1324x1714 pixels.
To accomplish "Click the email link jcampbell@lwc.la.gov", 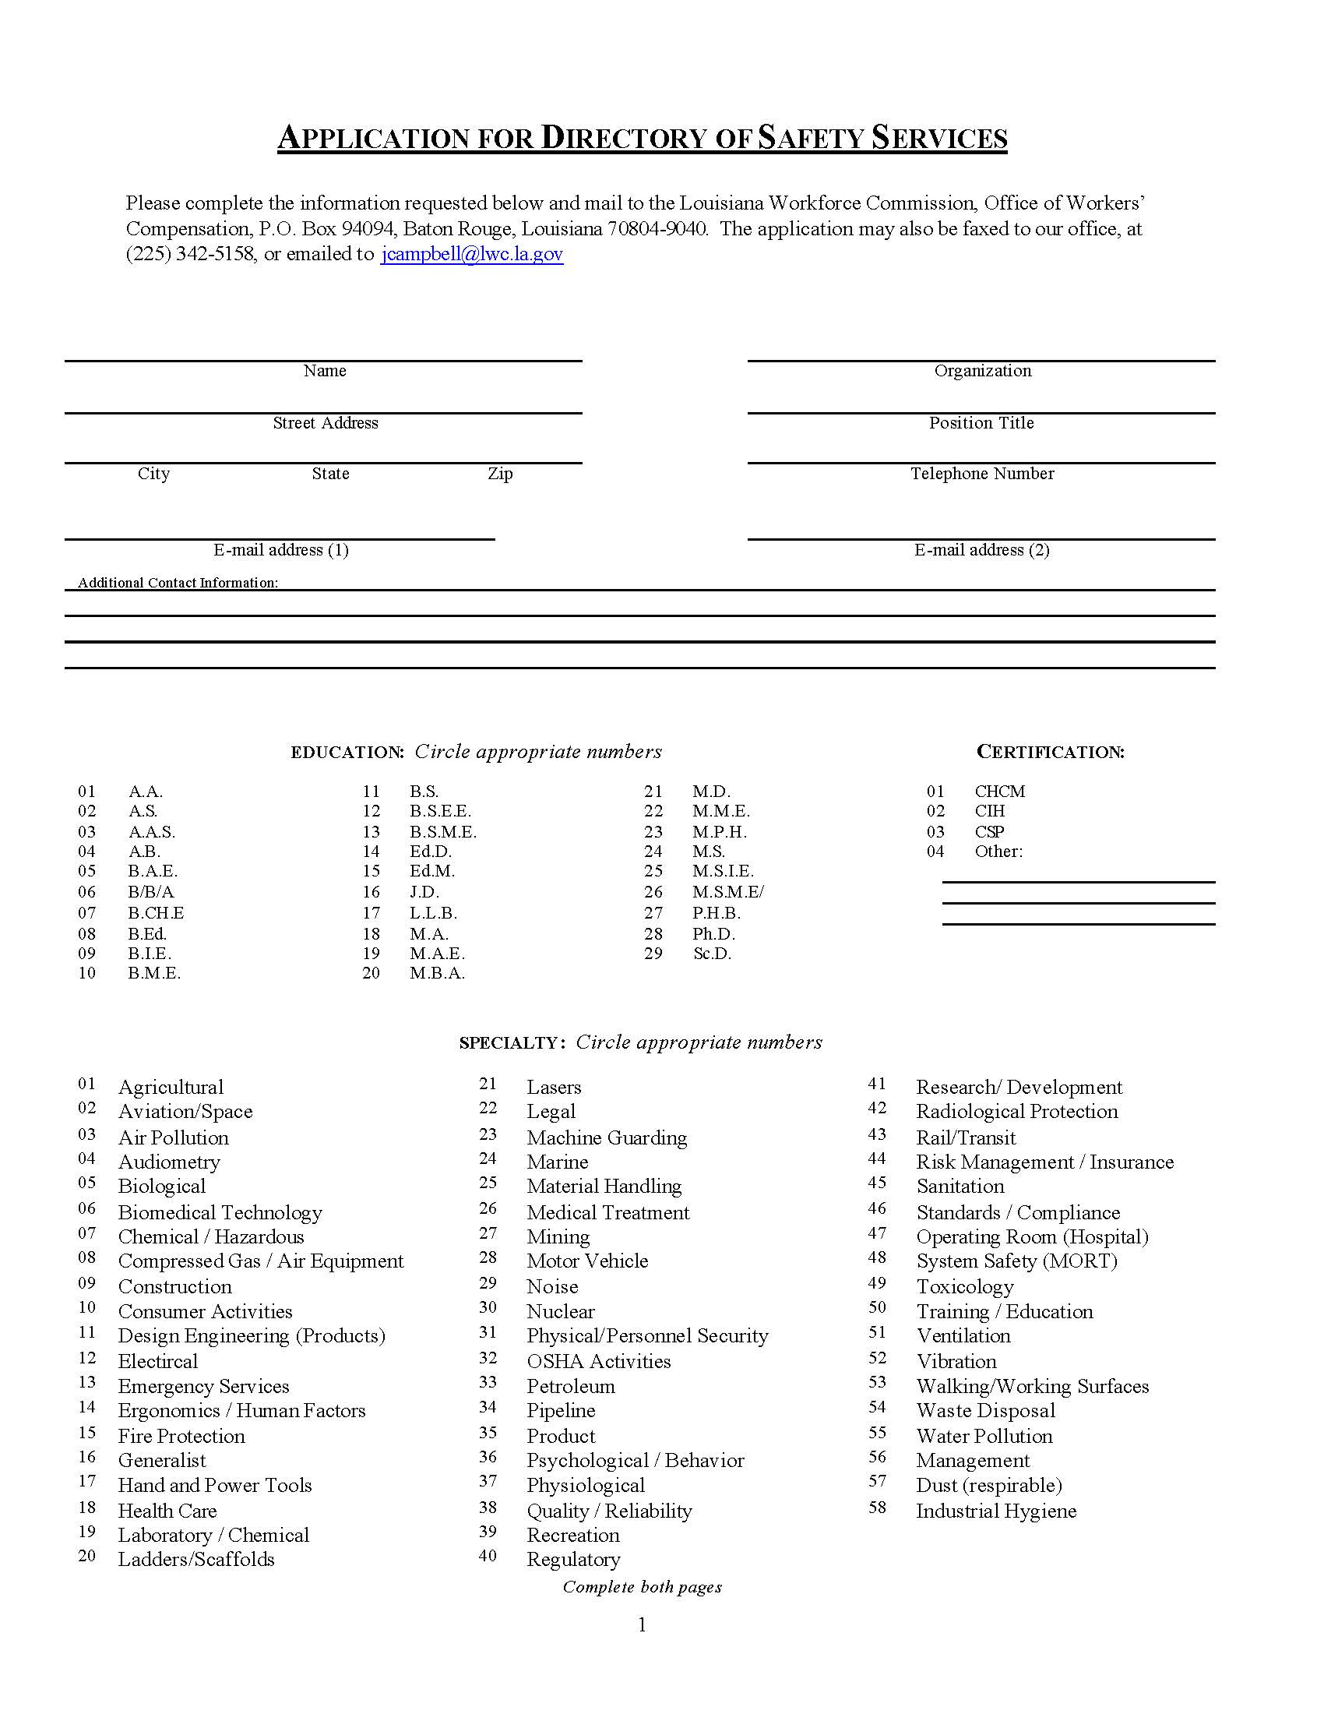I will coord(471,254).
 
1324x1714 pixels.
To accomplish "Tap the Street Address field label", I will coord(326,423).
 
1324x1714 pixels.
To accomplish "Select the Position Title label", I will coord(981,423).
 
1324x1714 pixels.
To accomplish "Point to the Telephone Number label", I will coord(982,473).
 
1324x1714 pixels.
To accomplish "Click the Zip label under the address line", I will coord(501,473).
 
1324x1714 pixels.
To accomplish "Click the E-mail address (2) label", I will coord(981,550).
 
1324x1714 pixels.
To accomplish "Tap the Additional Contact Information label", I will coord(178,582).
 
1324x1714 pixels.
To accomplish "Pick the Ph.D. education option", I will coord(713,934).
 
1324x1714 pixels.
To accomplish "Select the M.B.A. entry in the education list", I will coord(437,973).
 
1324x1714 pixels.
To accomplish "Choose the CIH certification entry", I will coord(989,811).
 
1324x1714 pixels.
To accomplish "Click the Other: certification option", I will coord(998,852).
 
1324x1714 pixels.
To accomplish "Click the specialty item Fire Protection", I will coord(181,1436).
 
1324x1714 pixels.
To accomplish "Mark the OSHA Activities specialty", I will coord(598,1361).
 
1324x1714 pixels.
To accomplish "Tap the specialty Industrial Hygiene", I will coord(996,1511).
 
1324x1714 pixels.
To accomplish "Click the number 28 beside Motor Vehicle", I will coord(488,1257).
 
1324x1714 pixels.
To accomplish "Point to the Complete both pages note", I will coord(643,1587).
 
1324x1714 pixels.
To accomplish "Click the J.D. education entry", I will coord(424,892).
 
